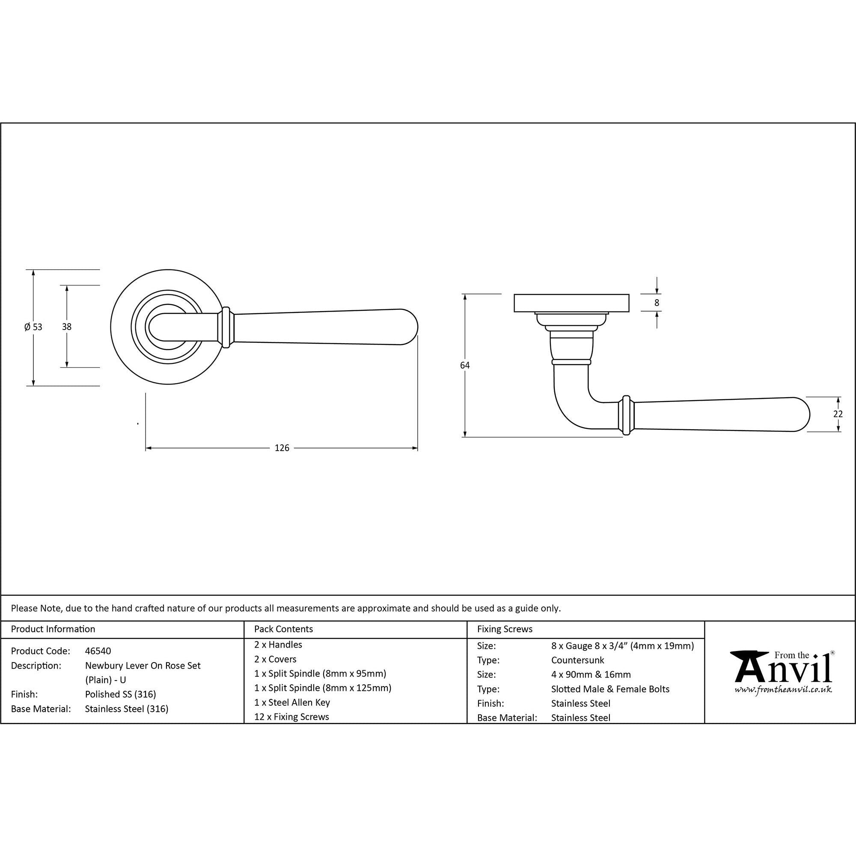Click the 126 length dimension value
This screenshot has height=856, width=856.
tap(282, 448)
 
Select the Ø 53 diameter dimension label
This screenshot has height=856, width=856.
tap(33, 327)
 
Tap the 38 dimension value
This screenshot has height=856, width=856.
tap(66, 327)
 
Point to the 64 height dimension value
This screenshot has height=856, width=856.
tap(465, 366)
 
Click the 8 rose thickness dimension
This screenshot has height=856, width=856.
tap(657, 303)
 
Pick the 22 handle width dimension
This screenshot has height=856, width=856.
tap(838, 414)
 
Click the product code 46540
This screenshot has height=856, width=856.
tap(98, 651)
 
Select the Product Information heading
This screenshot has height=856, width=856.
tap(53, 629)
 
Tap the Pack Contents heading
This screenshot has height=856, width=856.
tap(284, 629)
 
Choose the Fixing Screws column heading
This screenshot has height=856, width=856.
tap(505, 629)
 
